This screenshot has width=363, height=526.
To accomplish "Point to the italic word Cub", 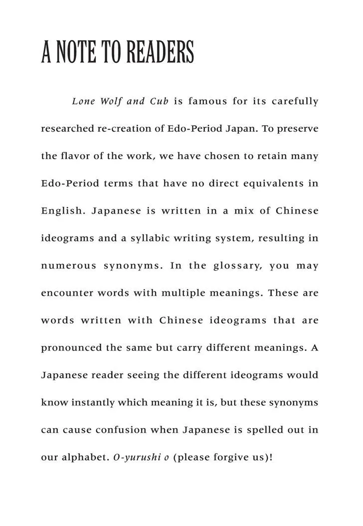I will (x=159, y=101).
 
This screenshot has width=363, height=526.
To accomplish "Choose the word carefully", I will (x=294, y=101).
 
